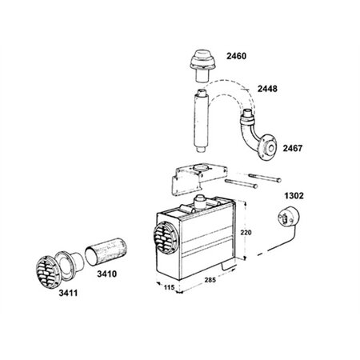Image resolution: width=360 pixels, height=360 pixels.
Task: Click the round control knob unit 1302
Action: [x=285, y=218]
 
